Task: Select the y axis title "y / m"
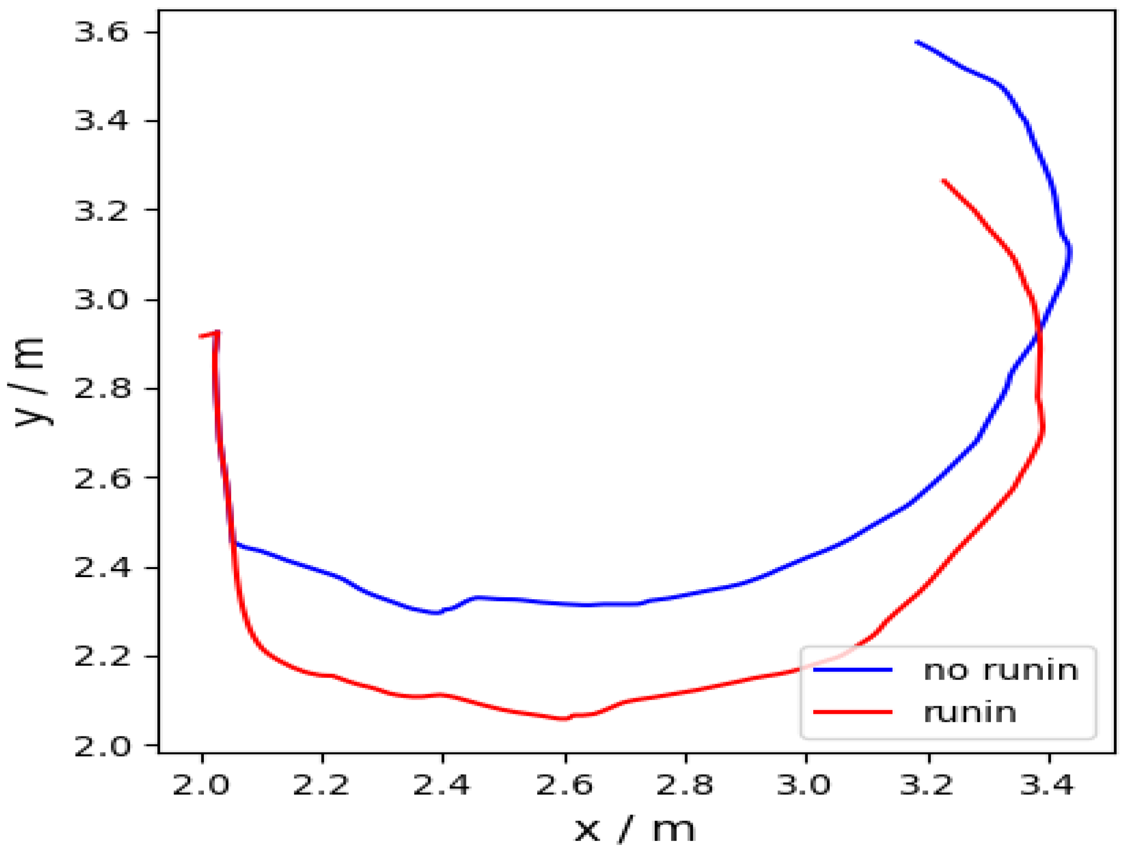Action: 28,382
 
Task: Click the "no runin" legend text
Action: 1001,670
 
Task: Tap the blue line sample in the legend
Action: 853,670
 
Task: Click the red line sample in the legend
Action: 853,712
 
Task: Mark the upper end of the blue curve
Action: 917,42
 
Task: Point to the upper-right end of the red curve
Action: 944,181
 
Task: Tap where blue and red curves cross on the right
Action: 1038,330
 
